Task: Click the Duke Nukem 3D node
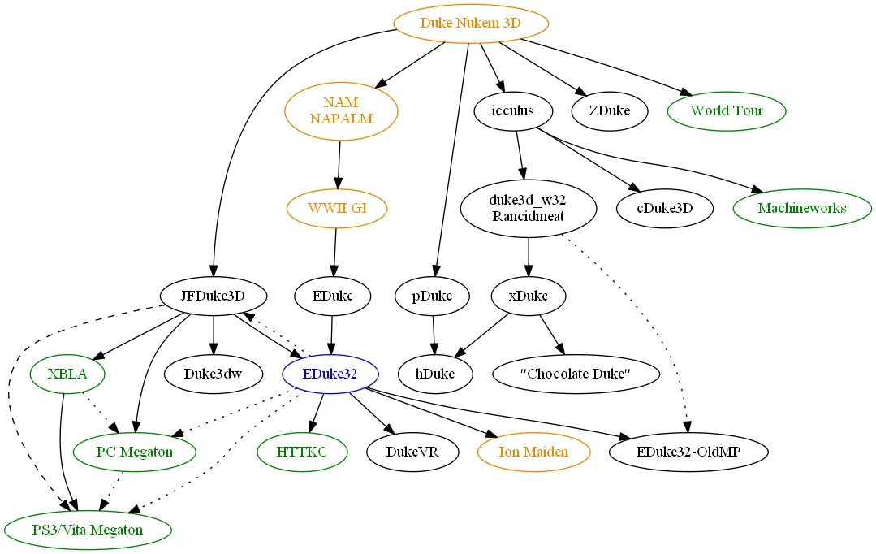coord(471,23)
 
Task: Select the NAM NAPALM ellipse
coord(341,110)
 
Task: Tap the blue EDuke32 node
coord(330,374)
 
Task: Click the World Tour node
coord(727,110)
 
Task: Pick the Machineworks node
coord(802,208)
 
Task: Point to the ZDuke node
coord(610,110)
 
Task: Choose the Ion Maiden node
coord(533,451)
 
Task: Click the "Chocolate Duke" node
coord(576,374)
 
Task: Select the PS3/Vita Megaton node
coord(88,530)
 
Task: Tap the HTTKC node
coord(301,451)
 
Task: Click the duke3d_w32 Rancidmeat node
coord(529,208)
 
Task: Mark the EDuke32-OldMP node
coord(687,451)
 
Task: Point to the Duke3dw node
coord(214,374)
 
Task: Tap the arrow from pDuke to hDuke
coord(434,335)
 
